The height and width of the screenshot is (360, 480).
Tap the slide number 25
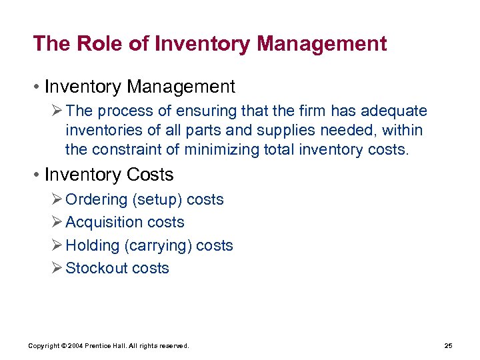[x=448, y=346]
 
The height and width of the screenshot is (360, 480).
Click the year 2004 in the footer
[x=77, y=346]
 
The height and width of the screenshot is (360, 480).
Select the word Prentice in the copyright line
[x=102, y=346]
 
